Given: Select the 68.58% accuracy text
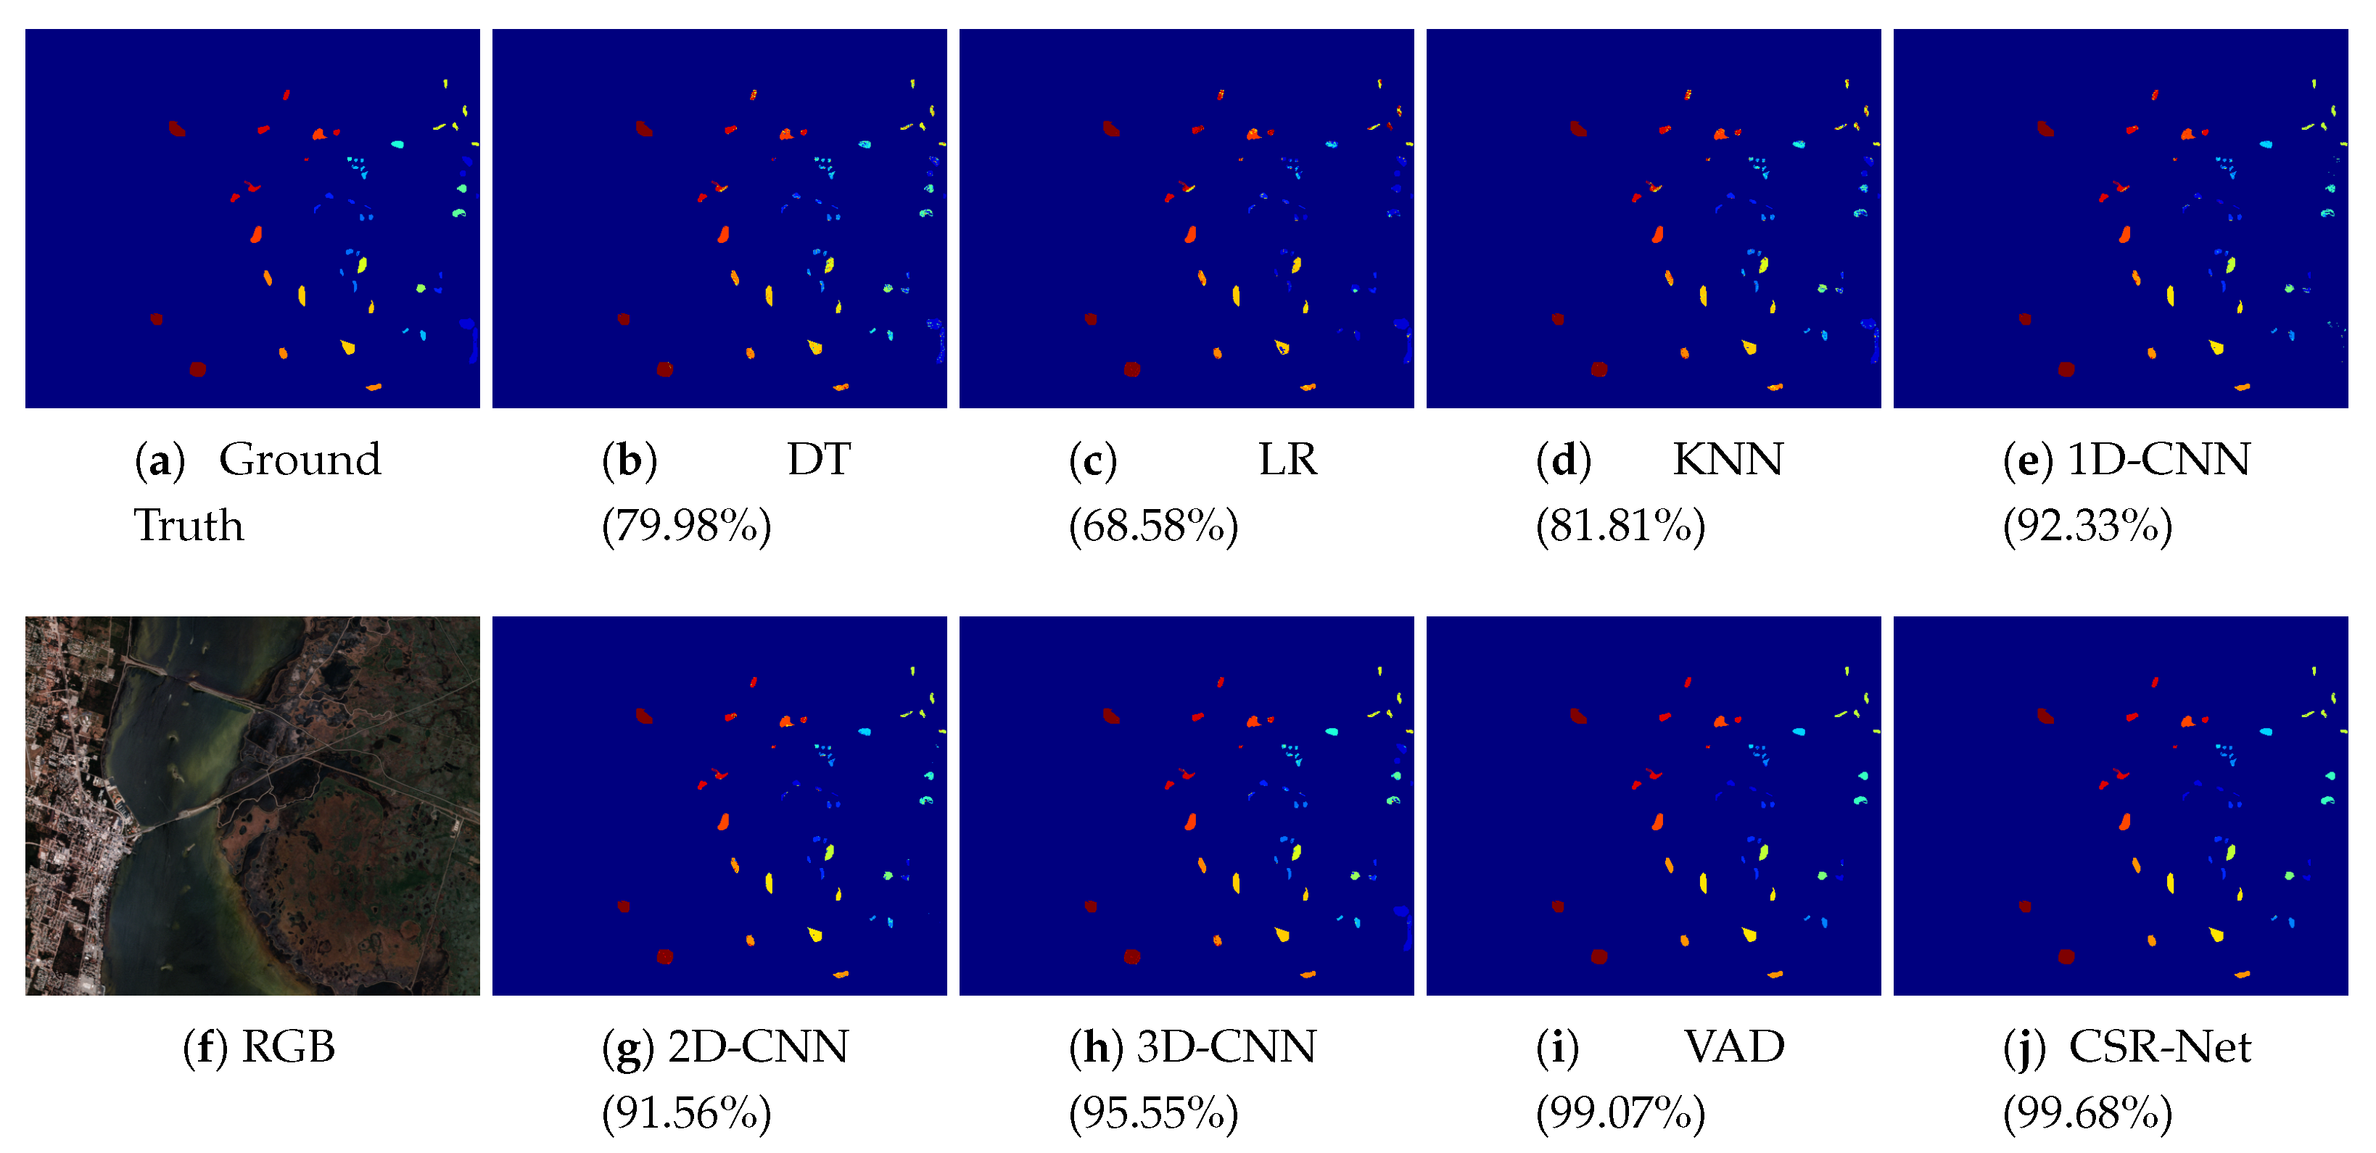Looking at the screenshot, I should coord(1153,526).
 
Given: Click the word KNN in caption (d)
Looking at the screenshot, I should coord(1728,459).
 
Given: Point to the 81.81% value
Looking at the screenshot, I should coord(1620,526).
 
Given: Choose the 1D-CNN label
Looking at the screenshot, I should coord(2158,459).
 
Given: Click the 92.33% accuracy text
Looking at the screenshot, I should coord(2087,526).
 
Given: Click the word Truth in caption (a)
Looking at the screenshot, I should coord(189,526).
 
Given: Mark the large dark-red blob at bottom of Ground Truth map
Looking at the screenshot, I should coord(197,369).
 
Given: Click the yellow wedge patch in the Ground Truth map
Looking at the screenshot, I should coord(347,347).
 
